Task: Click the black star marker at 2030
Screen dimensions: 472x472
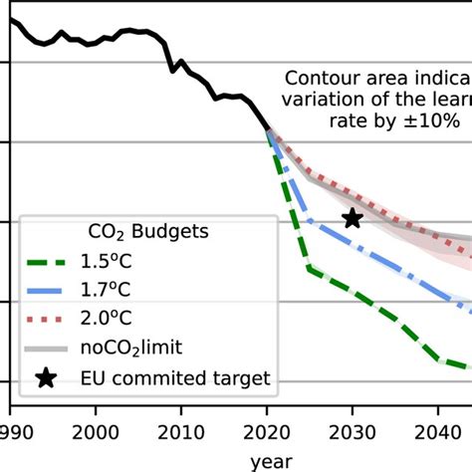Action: (352, 218)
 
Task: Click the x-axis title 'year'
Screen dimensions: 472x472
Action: (270, 461)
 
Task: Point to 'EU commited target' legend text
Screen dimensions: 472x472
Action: (178, 377)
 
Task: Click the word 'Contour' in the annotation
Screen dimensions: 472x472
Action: (320, 78)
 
